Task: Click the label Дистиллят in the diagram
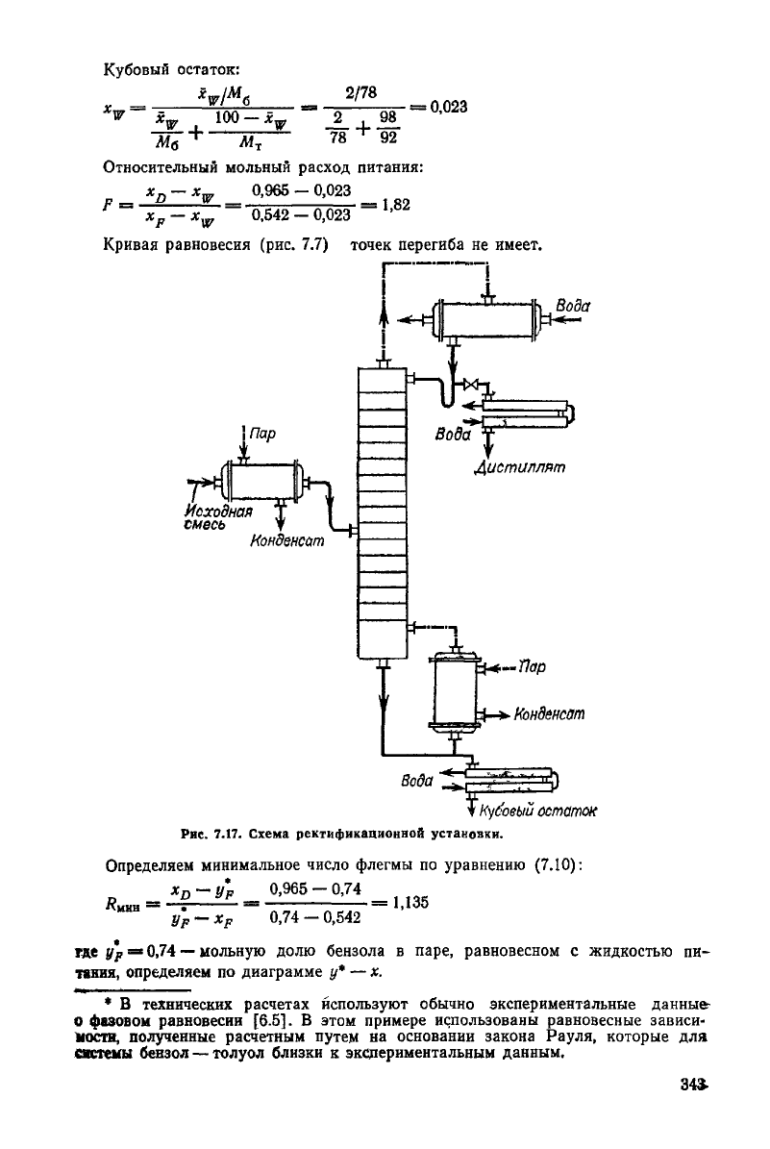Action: [x=519, y=466]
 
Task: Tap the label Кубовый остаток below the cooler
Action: [x=537, y=811]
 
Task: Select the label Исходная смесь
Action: [x=217, y=517]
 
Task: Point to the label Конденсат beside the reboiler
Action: [x=550, y=713]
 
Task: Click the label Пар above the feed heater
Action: [x=262, y=434]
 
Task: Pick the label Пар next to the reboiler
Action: [x=532, y=667]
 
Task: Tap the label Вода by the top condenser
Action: [x=573, y=306]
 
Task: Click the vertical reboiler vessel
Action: [x=455, y=691]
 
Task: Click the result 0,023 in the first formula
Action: [x=449, y=107]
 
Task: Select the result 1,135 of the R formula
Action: [x=410, y=902]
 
